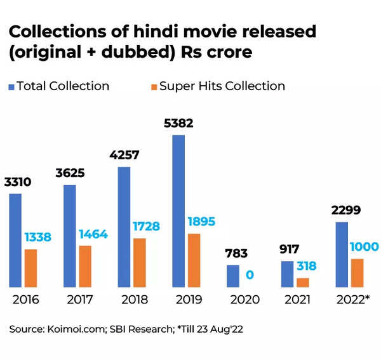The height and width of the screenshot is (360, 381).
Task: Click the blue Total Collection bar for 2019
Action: [x=178, y=211]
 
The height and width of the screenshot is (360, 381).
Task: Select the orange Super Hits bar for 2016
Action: [x=30, y=268]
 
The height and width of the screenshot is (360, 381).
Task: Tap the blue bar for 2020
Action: [x=233, y=276]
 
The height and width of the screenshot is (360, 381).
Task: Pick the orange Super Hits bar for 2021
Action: [x=302, y=283]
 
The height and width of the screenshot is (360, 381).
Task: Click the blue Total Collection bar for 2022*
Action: [x=342, y=255]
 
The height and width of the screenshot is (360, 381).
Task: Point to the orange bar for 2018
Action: [x=140, y=262]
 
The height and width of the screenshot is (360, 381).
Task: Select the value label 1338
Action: [x=37, y=237]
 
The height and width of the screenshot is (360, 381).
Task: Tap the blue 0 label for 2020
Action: [x=250, y=275]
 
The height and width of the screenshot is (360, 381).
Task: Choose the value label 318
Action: [x=306, y=266]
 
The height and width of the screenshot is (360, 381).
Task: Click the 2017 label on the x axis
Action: [x=79, y=300]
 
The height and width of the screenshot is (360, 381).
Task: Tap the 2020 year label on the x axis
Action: [x=244, y=300]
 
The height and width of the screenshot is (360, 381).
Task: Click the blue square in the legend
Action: [x=11, y=86]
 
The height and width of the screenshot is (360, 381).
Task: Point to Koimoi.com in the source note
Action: [x=70, y=330]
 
